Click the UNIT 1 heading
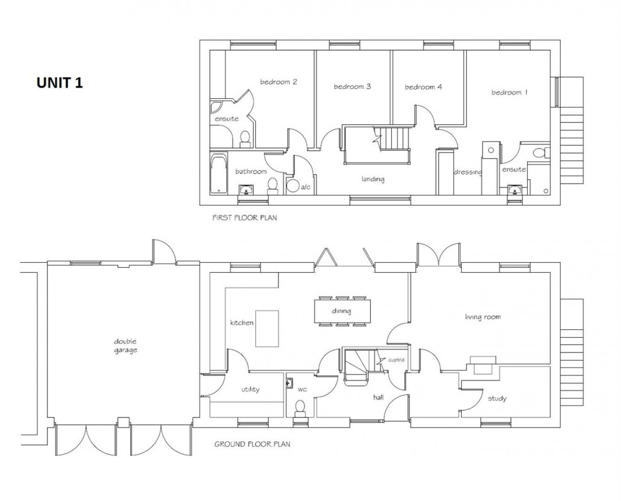(x=60, y=82)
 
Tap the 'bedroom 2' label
(x=278, y=82)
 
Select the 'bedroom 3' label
(x=352, y=87)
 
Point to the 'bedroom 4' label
(x=423, y=87)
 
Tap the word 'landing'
(x=373, y=180)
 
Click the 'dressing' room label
(x=467, y=172)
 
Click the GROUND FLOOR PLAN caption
(x=252, y=445)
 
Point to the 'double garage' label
(x=125, y=346)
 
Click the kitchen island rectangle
(x=268, y=328)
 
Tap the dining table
(x=342, y=311)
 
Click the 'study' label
(x=497, y=399)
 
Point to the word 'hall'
(x=378, y=398)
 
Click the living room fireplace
(x=483, y=365)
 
